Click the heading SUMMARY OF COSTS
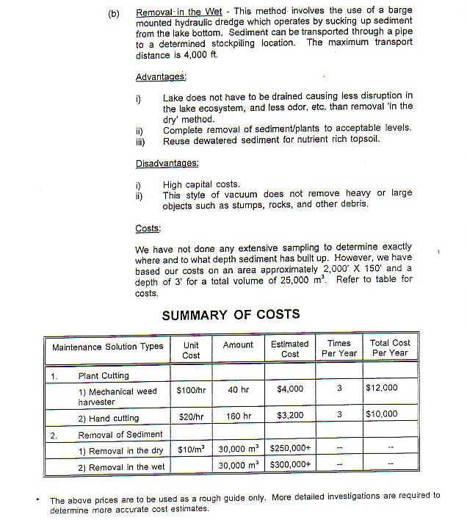pyautogui.click(x=231, y=314)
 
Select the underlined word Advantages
pyautogui.click(x=161, y=77)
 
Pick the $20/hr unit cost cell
pyautogui.click(x=189, y=415)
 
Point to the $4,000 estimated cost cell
pyautogui.click(x=290, y=389)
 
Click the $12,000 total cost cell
pyautogui.click(x=381, y=388)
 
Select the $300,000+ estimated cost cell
pyautogui.click(x=292, y=466)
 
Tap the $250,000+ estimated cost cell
pyautogui.click(x=292, y=448)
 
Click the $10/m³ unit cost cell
pyautogui.click(x=191, y=448)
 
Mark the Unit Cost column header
pyautogui.click(x=190, y=350)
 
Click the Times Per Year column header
pyautogui.click(x=339, y=348)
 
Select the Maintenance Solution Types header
pyautogui.click(x=108, y=346)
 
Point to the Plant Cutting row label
pyautogui.click(x=104, y=375)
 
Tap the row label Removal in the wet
pyautogui.click(x=121, y=467)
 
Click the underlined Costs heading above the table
pyautogui.click(x=148, y=228)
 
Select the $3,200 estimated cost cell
pyautogui.click(x=290, y=415)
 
